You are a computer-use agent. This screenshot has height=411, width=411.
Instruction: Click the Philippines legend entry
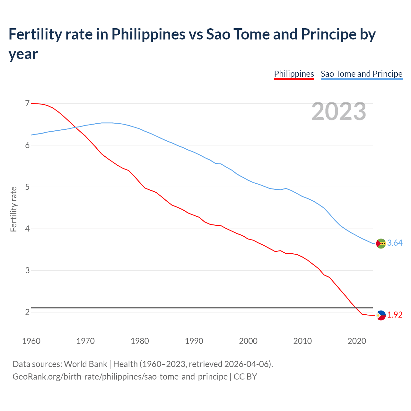[x=294, y=74]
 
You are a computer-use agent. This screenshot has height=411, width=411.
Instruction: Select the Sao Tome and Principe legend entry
[x=362, y=74]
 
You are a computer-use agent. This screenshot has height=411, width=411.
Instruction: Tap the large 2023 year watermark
[x=339, y=111]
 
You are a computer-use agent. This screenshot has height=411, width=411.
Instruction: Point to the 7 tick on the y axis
[x=27, y=103]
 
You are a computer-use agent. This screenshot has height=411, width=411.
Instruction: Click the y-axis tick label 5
[x=27, y=187]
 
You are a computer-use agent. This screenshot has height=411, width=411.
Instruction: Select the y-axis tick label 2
[x=27, y=312]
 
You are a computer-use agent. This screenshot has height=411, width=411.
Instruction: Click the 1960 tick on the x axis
[x=31, y=341]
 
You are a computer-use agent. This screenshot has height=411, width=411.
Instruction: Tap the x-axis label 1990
[x=194, y=341]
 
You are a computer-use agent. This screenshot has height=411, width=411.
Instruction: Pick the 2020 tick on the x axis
[x=357, y=341]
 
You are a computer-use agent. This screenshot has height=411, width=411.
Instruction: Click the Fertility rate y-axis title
[x=13, y=209]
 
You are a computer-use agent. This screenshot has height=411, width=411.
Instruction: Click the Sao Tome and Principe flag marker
[x=381, y=243]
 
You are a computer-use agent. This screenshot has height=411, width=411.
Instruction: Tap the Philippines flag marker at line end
[x=381, y=315]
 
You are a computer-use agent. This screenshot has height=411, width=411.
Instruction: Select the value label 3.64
[x=395, y=243]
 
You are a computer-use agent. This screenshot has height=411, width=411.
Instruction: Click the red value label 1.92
[x=395, y=315]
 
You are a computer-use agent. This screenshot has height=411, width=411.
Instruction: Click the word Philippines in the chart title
[x=148, y=34]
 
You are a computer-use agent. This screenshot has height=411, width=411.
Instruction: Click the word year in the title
[x=23, y=54]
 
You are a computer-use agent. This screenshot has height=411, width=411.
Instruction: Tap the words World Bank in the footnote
[x=85, y=364]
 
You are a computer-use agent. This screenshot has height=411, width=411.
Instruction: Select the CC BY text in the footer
[x=245, y=377]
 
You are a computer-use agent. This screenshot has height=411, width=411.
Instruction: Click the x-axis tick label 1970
[x=85, y=341]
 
